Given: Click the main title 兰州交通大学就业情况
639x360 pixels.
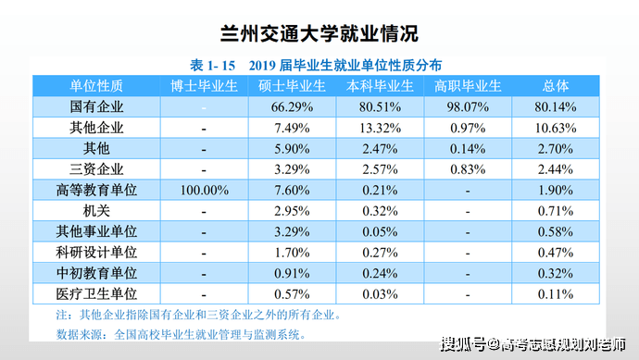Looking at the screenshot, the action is pos(319,33).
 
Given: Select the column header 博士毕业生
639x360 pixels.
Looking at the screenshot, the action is pos(204,86).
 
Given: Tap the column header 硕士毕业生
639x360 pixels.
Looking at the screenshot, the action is pos(292,86).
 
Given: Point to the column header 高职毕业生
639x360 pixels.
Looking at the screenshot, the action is pos(468,86).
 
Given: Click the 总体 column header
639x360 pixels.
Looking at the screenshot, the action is pos(556,86).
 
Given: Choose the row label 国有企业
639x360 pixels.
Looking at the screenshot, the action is pos(96,106).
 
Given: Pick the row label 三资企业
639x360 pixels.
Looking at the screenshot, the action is pos(96,169).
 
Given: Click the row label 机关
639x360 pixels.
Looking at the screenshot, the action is pos(96,211).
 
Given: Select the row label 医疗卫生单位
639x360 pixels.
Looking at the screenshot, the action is pos(96,293).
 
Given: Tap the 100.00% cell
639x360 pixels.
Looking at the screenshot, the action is pos(204,191).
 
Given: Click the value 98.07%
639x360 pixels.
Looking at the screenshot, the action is pos(468,107).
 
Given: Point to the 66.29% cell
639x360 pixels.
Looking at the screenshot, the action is pos(292,107).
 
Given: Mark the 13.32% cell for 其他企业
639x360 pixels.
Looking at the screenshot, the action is pos(380,129).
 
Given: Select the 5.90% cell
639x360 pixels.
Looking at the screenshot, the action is pos(292,149).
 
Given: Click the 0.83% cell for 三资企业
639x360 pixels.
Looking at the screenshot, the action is pos(468,169).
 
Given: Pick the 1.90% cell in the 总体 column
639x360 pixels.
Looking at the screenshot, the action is pos(556,191).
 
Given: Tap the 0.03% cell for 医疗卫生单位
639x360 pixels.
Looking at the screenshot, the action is pos(380,294).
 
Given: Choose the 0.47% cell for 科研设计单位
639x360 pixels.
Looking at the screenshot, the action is pos(556,253).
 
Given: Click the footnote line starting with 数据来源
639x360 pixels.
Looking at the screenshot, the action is pos(181,335).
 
